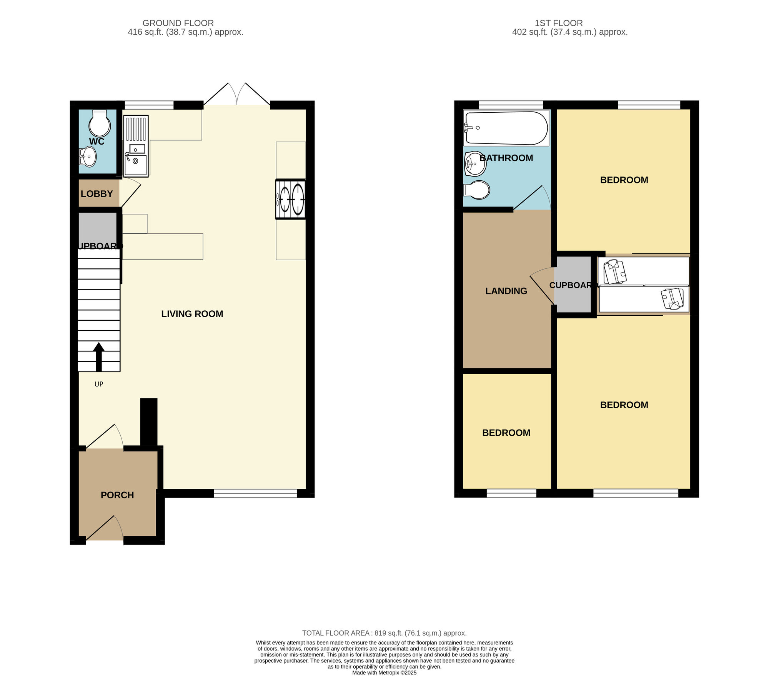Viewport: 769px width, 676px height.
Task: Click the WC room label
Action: (x=97, y=142)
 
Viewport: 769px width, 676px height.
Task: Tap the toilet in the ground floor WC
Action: (x=100, y=123)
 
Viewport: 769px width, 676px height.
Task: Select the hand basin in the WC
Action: (x=88, y=157)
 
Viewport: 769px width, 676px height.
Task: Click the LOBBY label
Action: (x=97, y=194)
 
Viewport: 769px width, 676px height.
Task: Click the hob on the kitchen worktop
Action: (x=291, y=199)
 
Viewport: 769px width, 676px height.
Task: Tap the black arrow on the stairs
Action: (x=99, y=357)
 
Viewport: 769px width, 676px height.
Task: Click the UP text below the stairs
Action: (x=99, y=384)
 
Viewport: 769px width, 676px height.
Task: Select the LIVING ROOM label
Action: (x=192, y=314)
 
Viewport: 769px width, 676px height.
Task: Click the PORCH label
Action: (x=117, y=495)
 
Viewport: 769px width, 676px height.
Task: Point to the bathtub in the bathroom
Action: (x=506, y=128)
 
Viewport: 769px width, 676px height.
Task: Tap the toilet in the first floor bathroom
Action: (x=477, y=190)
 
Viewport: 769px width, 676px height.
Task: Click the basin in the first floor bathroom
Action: (x=475, y=164)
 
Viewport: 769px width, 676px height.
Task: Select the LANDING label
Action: (x=506, y=291)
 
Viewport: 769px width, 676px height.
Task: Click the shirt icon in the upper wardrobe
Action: (x=615, y=272)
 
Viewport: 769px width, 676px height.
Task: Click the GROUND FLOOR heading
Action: (x=178, y=23)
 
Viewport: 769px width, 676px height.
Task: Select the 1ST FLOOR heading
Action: (x=559, y=23)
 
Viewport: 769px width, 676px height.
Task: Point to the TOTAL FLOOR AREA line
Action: (x=384, y=633)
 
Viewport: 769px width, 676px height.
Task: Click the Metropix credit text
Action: (x=384, y=673)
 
